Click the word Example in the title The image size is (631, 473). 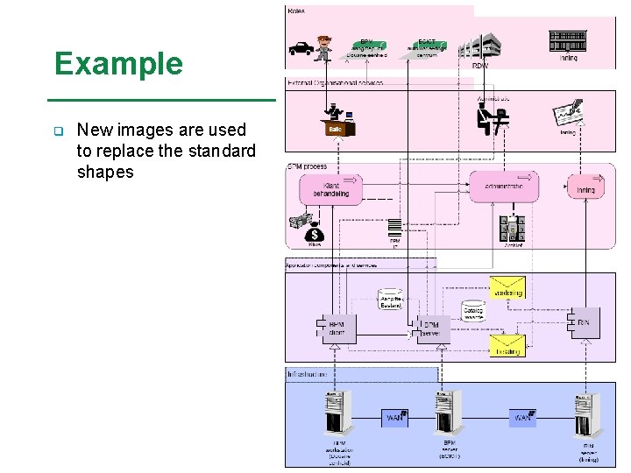[x=118, y=64]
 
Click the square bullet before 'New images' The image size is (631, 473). [x=58, y=131]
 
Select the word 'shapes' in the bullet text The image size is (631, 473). [x=105, y=173]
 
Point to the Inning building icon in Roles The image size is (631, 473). [x=568, y=40]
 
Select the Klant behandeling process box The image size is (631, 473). [x=330, y=188]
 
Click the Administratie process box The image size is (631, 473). [x=502, y=187]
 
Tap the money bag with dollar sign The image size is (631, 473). [x=314, y=234]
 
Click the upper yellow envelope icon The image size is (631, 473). [x=507, y=288]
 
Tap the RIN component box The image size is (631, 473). [x=583, y=322]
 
